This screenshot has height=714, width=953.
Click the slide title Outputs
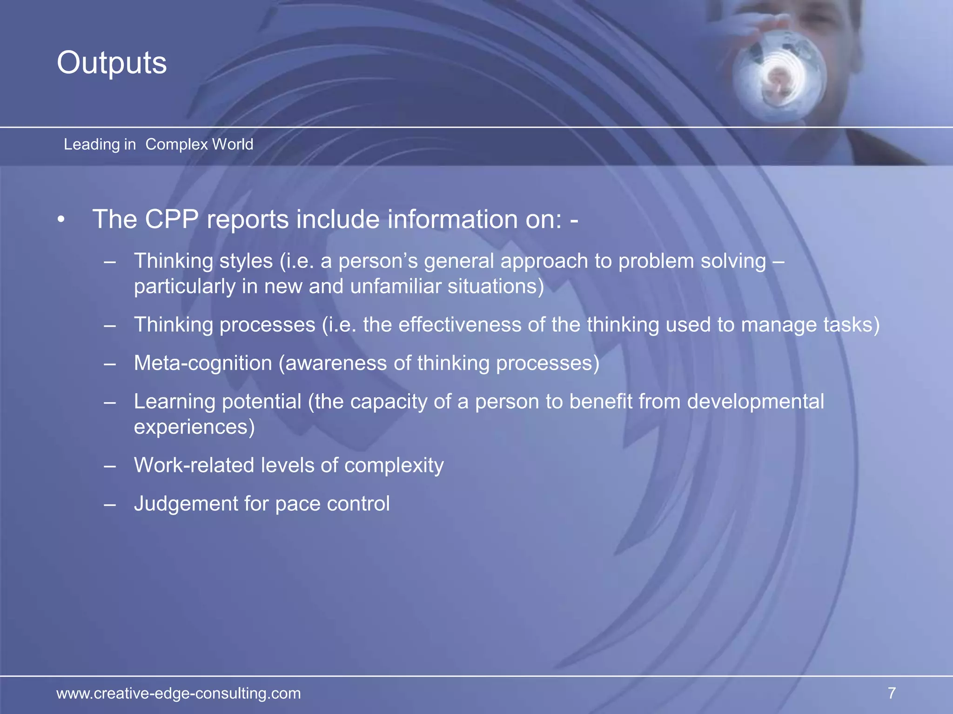pyautogui.click(x=112, y=63)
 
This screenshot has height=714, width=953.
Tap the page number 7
pyautogui.click(x=892, y=693)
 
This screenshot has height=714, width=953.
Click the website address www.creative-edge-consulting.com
pyautogui.click(x=179, y=693)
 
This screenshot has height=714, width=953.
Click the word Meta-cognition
pyautogui.click(x=203, y=363)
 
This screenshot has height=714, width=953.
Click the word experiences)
pyautogui.click(x=195, y=427)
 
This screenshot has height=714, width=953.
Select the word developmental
pyautogui.click(x=755, y=402)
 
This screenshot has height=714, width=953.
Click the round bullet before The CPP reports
pyautogui.click(x=61, y=219)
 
